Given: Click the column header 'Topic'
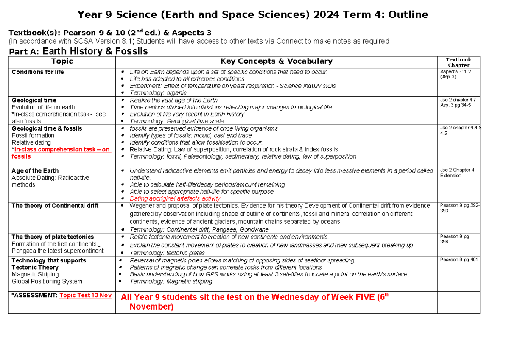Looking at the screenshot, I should click(x=62, y=61).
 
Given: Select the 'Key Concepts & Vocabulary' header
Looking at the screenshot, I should click(x=277, y=61).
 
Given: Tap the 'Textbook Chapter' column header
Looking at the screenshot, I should click(x=459, y=62).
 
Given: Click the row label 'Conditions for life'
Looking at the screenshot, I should click(x=38, y=72).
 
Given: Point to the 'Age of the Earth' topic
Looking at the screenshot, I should click(x=35, y=171).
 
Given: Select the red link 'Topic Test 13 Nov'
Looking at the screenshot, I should click(x=86, y=295).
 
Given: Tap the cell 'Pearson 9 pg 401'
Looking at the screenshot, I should click(x=459, y=260).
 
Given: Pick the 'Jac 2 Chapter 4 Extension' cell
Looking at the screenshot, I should click(x=457, y=173).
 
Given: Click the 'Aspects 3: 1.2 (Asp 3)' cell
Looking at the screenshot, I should click(x=455, y=74).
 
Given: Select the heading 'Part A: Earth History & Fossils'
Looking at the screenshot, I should click(x=78, y=52).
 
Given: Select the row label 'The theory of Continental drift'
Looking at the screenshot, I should click(x=55, y=206).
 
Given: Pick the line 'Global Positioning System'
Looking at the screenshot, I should click(x=47, y=281).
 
